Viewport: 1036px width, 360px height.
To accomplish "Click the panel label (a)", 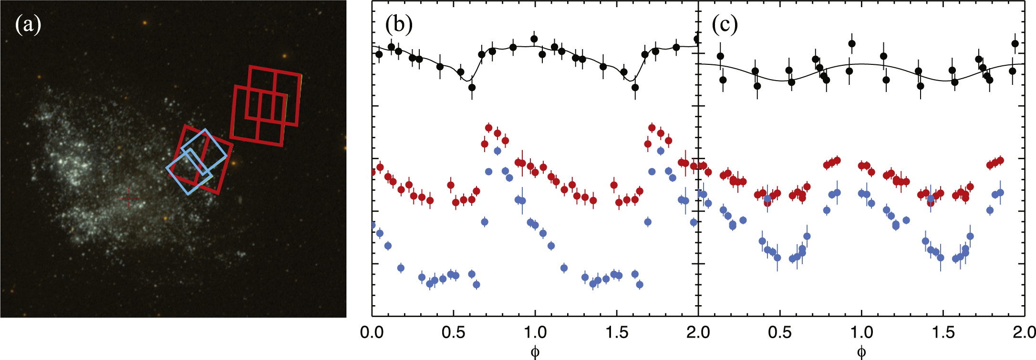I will point(28,24).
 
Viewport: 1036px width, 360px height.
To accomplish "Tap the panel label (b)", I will point(399,24).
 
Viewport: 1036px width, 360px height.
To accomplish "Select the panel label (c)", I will point(725,24).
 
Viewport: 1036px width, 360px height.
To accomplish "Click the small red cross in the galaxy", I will point(128,198).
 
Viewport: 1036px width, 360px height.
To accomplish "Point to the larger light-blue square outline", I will point(204,152).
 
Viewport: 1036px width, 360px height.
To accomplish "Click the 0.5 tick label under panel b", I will point(454,332).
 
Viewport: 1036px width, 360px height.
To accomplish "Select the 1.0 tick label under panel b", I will point(535,332).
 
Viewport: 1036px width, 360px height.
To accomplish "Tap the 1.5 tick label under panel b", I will point(617,332).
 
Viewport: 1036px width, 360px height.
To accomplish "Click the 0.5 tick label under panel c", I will point(780,332).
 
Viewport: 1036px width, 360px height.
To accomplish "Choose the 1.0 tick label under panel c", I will point(861,332).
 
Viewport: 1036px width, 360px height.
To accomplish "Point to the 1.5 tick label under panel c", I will point(943,332).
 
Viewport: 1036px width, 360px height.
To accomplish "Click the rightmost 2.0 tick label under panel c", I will point(1024,332).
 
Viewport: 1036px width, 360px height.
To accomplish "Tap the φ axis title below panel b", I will point(535,352).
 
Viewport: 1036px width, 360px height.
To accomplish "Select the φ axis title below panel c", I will point(861,352).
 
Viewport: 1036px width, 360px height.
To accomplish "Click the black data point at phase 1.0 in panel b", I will point(534,39).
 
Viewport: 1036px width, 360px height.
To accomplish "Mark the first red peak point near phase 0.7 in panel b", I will point(488,128).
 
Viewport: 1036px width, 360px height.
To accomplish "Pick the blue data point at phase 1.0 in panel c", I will point(861,193).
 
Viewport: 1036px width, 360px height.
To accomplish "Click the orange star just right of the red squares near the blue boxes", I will point(234,163).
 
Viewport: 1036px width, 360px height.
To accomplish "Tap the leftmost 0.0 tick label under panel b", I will point(372,332).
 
